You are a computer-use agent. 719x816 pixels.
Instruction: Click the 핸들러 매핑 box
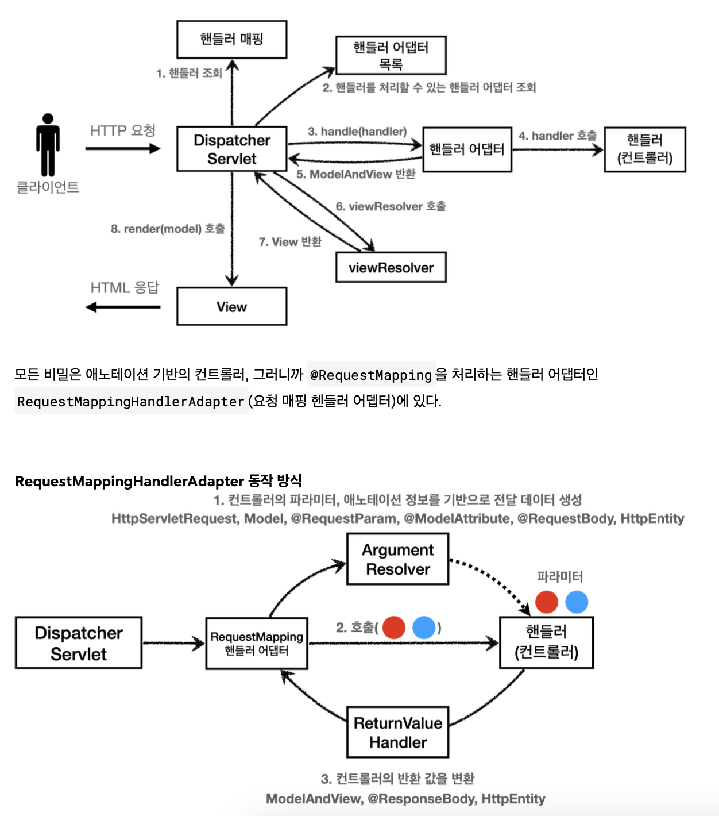tap(231, 40)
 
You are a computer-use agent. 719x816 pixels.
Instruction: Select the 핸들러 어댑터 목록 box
tap(391, 55)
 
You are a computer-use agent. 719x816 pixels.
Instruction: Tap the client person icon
tap(48, 145)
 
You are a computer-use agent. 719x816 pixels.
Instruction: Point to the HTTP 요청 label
tap(123, 130)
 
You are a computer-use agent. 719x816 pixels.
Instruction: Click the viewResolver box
tap(391, 268)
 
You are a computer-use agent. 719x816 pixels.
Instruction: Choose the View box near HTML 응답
tap(231, 307)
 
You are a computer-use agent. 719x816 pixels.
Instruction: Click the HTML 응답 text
tap(125, 287)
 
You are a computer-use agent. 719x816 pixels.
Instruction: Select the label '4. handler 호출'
tap(557, 136)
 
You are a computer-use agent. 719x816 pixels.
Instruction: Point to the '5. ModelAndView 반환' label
tap(355, 174)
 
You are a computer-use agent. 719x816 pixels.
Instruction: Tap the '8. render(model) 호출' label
tap(168, 229)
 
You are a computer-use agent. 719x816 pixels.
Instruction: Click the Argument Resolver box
tap(397, 559)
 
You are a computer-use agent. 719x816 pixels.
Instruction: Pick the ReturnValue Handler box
tap(397, 732)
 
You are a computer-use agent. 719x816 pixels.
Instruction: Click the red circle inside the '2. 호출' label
tap(394, 628)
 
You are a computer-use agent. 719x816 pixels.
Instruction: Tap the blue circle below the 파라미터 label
tap(577, 602)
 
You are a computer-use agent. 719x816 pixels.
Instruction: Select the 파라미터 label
tap(559, 576)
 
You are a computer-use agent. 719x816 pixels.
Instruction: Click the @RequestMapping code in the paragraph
tap(371, 375)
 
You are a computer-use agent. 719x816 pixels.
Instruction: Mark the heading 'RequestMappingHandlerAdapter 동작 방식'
tap(158, 481)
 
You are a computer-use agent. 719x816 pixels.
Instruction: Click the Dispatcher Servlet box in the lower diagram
tap(79, 643)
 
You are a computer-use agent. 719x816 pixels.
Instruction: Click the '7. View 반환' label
tap(290, 242)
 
